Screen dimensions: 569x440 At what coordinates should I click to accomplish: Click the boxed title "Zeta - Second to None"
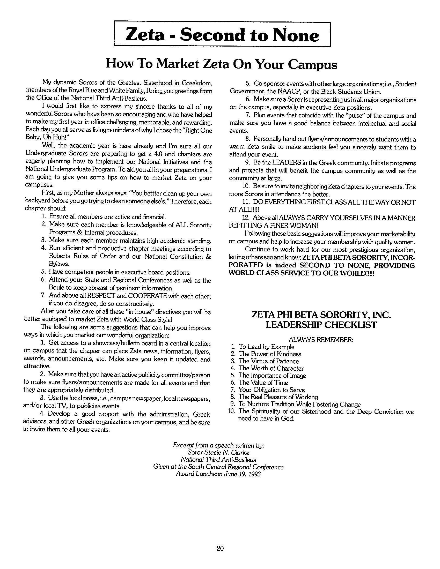[x=222, y=35]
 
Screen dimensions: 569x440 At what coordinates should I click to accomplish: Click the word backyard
[x=37, y=201]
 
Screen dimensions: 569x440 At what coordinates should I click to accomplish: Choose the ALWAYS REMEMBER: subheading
[x=321, y=340]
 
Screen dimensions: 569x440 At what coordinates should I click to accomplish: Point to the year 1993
[x=255, y=474]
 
